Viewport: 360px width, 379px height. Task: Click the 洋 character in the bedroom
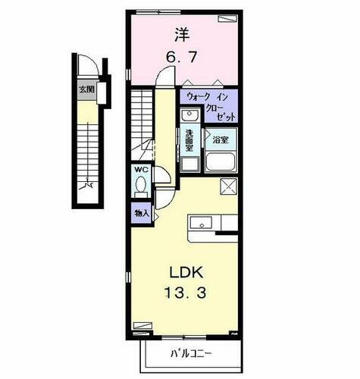(181, 34)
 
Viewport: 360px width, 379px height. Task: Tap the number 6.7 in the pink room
(181, 56)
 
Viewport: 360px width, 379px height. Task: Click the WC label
(142, 171)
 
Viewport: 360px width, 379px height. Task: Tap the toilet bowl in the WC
(141, 187)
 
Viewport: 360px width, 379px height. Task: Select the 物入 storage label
(141, 213)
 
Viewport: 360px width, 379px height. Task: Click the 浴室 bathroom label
(221, 140)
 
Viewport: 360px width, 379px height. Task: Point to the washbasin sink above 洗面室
(189, 116)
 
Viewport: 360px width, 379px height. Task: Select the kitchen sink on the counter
(202, 223)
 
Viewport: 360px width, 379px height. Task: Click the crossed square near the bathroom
(228, 186)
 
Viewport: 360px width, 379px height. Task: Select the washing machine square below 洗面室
(190, 164)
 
